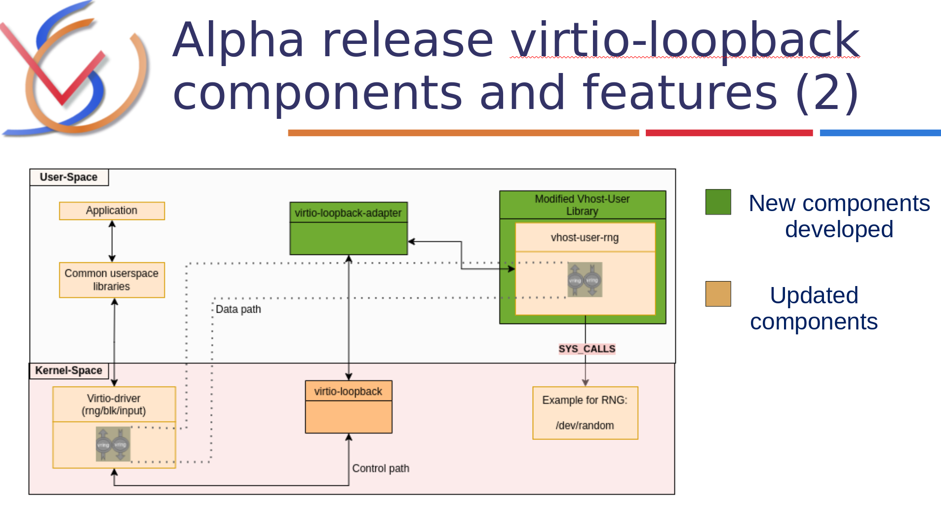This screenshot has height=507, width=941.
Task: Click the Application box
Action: pyautogui.click(x=112, y=211)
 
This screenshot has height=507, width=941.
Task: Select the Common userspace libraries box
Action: pyautogui.click(x=112, y=280)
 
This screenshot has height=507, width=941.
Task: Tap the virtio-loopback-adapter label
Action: pyautogui.click(x=348, y=213)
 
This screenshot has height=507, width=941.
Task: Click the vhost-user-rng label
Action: pyautogui.click(x=585, y=238)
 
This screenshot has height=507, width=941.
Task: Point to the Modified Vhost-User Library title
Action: pyautogui.click(x=582, y=205)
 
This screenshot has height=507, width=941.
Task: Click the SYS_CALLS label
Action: pyautogui.click(x=587, y=349)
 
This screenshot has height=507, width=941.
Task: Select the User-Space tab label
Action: pyautogui.click(x=69, y=177)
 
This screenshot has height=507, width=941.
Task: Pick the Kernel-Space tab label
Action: pyautogui.click(x=69, y=370)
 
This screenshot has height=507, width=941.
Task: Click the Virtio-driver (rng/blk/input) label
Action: pyautogui.click(x=114, y=404)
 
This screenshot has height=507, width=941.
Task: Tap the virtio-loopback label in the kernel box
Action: pyautogui.click(x=348, y=392)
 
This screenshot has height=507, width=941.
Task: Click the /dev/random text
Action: pyautogui.click(x=585, y=425)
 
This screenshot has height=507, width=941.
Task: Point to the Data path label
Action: pyautogui.click(x=238, y=309)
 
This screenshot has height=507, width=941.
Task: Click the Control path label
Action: pyautogui.click(x=380, y=468)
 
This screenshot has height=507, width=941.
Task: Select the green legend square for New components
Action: pyautogui.click(x=718, y=202)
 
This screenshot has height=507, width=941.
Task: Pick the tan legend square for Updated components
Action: pyautogui.click(x=718, y=294)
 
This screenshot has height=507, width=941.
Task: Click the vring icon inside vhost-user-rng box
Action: pyautogui.click(x=585, y=280)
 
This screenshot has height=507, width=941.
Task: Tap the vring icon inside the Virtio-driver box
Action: pyautogui.click(x=113, y=444)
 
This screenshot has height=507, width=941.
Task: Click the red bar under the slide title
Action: pyautogui.click(x=729, y=133)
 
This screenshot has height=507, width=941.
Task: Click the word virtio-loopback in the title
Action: pyautogui.click(x=685, y=40)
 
